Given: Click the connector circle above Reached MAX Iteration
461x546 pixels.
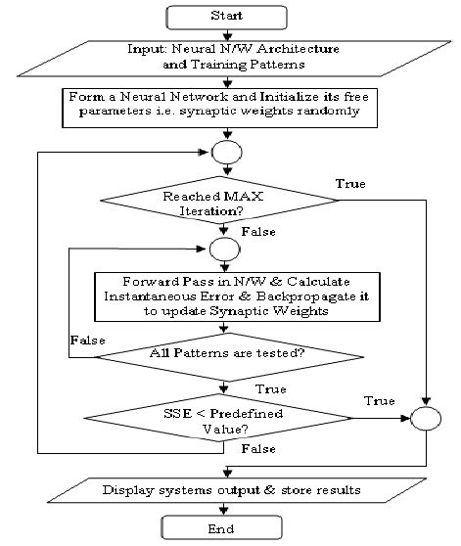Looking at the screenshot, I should [226, 153].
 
